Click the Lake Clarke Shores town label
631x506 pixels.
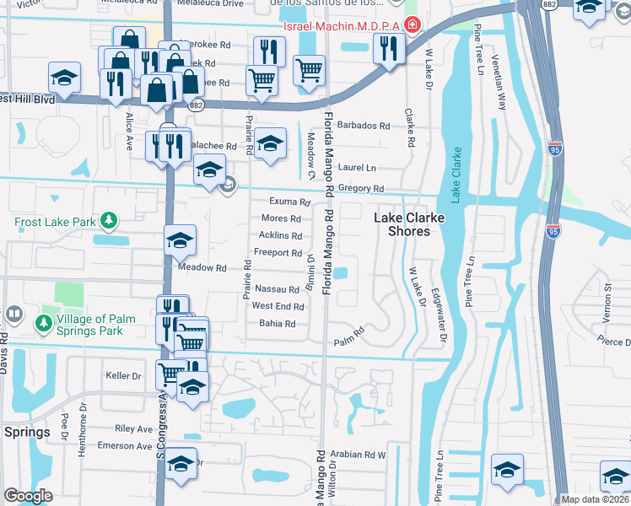point(409,224)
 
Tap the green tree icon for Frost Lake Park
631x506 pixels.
point(108,222)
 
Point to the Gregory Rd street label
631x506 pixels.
point(362,189)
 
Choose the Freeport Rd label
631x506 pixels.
point(278,253)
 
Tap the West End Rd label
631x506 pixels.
point(278,306)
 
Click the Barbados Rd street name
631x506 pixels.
point(364,126)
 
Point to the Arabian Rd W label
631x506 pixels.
point(358,454)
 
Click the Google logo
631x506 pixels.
point(28,496)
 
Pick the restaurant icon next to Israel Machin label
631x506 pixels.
point(389,48)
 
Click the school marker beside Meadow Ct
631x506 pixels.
point(271,143)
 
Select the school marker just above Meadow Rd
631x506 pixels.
point(180,241)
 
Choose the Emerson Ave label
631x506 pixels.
point(124,445)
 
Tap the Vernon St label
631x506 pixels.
point(607,301)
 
